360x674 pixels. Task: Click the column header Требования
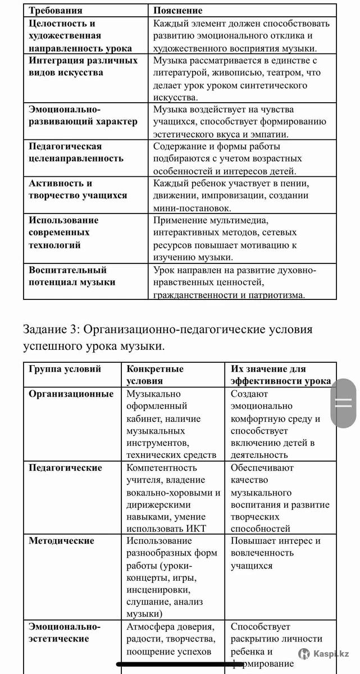point(56,10)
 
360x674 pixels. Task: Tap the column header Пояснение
point(178,10)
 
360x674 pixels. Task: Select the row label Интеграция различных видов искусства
point(83,66)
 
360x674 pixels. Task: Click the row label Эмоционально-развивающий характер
point(83,115)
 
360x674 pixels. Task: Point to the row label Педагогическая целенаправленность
point(76,152)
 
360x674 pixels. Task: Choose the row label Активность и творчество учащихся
point(78,189)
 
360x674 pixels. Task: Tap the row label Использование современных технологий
point(63,232)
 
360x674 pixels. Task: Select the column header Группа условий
point(65,369)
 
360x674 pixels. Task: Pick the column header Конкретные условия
point(155,375)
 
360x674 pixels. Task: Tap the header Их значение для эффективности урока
point(280,375)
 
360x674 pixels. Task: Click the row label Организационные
point(71,394)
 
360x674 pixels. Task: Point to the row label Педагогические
point(66,468)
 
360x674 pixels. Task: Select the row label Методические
point(62,541)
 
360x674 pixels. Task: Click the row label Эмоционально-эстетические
point(65,632)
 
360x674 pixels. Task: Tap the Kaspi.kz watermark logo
point(325,653)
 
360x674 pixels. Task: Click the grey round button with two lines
point(343,403)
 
